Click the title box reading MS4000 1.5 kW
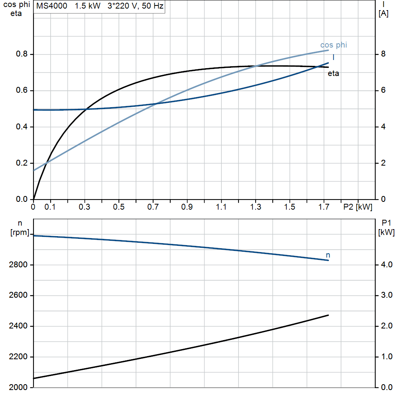tap(99, 6)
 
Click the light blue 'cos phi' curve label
tap(334, 45)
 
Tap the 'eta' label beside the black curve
tap(334, 74)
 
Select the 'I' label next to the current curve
tap(334, 57)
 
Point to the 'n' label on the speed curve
tap(328, 255)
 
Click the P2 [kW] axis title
tap(358, 207)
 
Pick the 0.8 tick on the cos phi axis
tap(22, 54)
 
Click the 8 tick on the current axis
tap(383, 54)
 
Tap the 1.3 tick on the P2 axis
tap(256, 207)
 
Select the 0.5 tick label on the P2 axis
tap(119, 207)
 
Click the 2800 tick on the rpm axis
tap(18, 265)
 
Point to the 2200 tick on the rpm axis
tap(18, 357)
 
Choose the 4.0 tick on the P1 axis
tap(387, 265)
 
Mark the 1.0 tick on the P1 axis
tap(387, 357)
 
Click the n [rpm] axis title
tap(19, 228)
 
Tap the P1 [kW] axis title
tap(386, 228)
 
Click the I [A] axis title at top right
tap(383, 9)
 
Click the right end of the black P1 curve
tap(328, 315)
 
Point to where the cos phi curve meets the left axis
tap(34, 170)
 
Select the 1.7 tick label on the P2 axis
tap(324, 207)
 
